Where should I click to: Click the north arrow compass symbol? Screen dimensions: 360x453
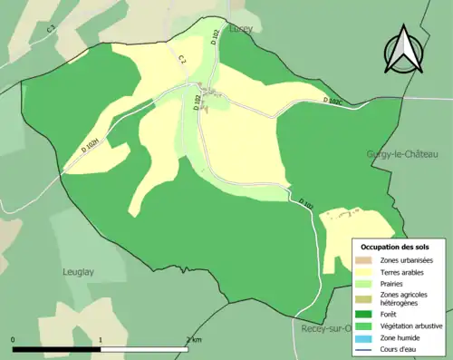[401, 51]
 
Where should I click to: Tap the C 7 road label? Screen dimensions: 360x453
[181, 60]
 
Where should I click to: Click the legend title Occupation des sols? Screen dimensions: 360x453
[395, 246]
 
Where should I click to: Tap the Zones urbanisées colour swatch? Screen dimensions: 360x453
[367, 258]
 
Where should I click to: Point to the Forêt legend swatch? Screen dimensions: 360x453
[367, 315]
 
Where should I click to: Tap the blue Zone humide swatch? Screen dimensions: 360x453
[367, 337]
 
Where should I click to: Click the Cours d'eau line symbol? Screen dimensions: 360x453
[367, 349]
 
